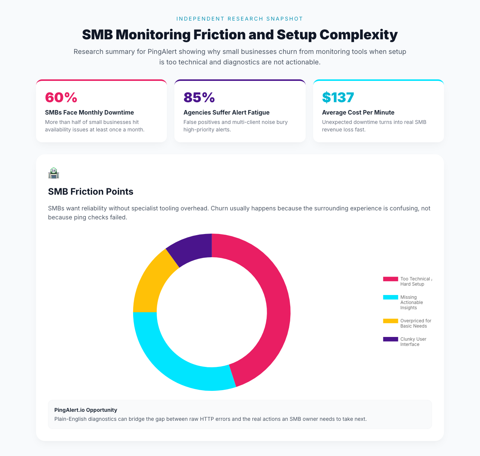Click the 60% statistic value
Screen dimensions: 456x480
(x=61, y=97)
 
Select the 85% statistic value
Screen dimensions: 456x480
(x=199, y=97)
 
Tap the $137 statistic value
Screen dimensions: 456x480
(x=338, y=97)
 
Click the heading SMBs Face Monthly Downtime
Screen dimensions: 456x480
(x=89, y=112)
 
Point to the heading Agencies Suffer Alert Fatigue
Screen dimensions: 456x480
(x=226, y=112)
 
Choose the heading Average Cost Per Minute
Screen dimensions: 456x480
(x=358, y=112)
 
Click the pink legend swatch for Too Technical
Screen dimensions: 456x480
(x=390, y=279)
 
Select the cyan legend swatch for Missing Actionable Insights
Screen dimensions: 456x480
(x=390, y=297)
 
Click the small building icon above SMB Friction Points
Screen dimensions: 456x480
(x=54, y=173)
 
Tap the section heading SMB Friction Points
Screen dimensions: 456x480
(x=90, y=192)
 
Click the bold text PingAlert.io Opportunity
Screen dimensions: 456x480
(x=85, y=410)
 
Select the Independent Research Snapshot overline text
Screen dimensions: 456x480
(x=240, y=19)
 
